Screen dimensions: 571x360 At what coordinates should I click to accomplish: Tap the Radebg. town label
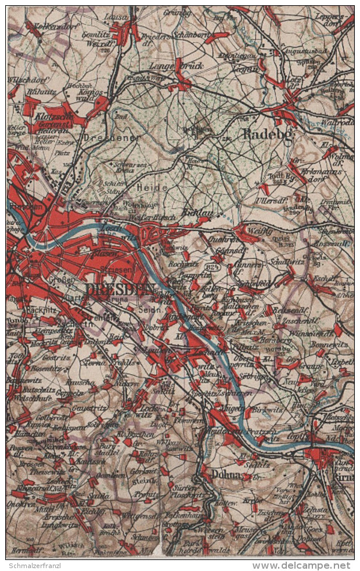click(x=262, y=135)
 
